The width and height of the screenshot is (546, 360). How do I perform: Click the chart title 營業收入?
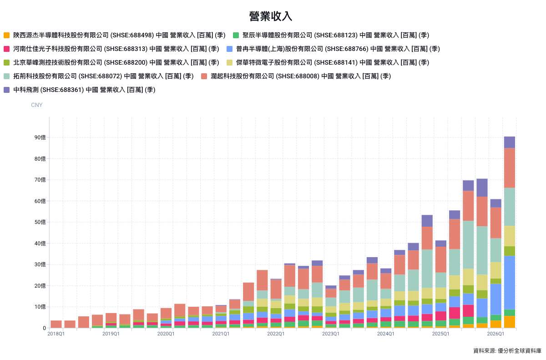pyautogui.click(x=270, y=16)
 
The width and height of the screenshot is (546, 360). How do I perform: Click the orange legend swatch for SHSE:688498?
pyautogui.click(x=6, y=35)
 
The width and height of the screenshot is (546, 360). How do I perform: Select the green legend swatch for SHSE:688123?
pyautogui.click(x=236, y=35)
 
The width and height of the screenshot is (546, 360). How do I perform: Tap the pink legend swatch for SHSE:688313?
pyautogui.click(x=6, y=49)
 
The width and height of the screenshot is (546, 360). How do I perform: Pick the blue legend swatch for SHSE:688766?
pyautogui.click(x=229, y=49)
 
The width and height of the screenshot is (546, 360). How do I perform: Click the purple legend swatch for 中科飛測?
pyautogui.click(x=6, y=90)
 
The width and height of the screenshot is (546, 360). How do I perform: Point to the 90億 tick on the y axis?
pyautogui.click(x=40, y=137)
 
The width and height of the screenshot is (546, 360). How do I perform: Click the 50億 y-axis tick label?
pyautogui.click(x=40, y=222)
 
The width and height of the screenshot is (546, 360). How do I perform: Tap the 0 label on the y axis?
pyautogui.click(x=45, y=328)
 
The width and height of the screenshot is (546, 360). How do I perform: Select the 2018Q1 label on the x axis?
pyautogui.click(x=56, y=334)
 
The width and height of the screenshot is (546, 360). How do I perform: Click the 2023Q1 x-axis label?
pyautogui.click(x=331, y=334)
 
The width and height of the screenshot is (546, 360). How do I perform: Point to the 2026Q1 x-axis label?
pyautogui.click(x=495, y=334)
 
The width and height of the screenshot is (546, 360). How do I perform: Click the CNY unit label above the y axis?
pyautogui.click(x=36, y=105)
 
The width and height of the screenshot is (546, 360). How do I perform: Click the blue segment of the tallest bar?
pyautogui.click(x=510, y=283)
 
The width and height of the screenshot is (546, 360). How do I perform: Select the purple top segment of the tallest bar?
pyautogui.click(x=510, y=142)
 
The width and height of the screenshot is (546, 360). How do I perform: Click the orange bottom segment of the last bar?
pyautogui.click(x=510, y=322)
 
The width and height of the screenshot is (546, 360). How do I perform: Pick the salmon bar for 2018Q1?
pyautogui.click(x=56, y=324)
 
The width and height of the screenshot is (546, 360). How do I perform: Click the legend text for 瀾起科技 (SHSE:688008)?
pyautogui.click(x=301, y=76)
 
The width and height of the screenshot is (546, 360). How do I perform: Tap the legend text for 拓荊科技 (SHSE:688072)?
pyautogui.click(x=103, y=76)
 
